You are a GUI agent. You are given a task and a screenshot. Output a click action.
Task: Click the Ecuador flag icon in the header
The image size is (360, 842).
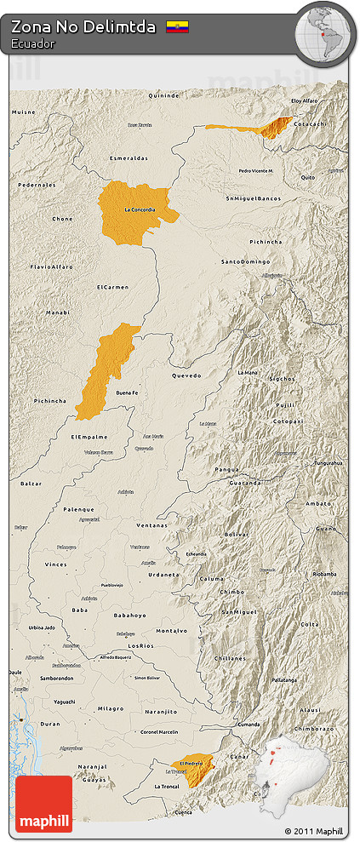point(177,27)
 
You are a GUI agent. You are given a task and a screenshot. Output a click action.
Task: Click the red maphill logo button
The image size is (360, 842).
point(44,804)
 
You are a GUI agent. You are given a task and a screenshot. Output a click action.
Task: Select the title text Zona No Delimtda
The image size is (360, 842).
point(83,27)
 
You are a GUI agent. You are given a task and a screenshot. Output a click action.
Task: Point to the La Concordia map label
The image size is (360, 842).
point(140,209)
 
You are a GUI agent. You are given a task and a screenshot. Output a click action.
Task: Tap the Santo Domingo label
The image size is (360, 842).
point(245,261)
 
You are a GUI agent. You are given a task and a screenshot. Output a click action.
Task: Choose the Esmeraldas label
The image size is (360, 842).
point(129,158)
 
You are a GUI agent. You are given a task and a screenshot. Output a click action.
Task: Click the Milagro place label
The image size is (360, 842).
point(110,708)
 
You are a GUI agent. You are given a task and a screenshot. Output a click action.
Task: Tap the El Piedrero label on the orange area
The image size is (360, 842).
point(191,764)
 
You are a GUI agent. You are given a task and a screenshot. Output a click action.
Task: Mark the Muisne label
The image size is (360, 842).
point(23,112)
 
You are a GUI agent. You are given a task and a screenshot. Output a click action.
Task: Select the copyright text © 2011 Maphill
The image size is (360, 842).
point(313,831)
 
